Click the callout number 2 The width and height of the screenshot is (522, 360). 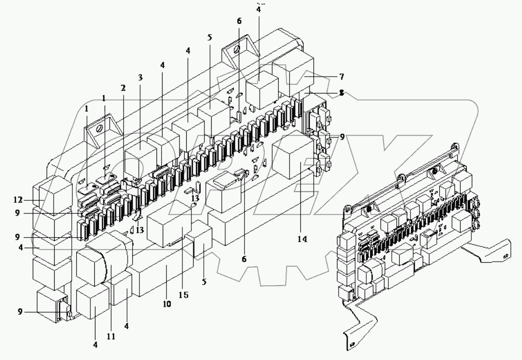point(123,88)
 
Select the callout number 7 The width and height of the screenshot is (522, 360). point(341,76)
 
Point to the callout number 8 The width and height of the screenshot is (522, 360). point(341,94)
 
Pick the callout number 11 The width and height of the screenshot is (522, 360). point(111,335)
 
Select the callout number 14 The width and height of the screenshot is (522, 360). point(302,239)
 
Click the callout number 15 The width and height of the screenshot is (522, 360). point(183,295)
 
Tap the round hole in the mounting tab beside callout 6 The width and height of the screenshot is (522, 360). point(236,50)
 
